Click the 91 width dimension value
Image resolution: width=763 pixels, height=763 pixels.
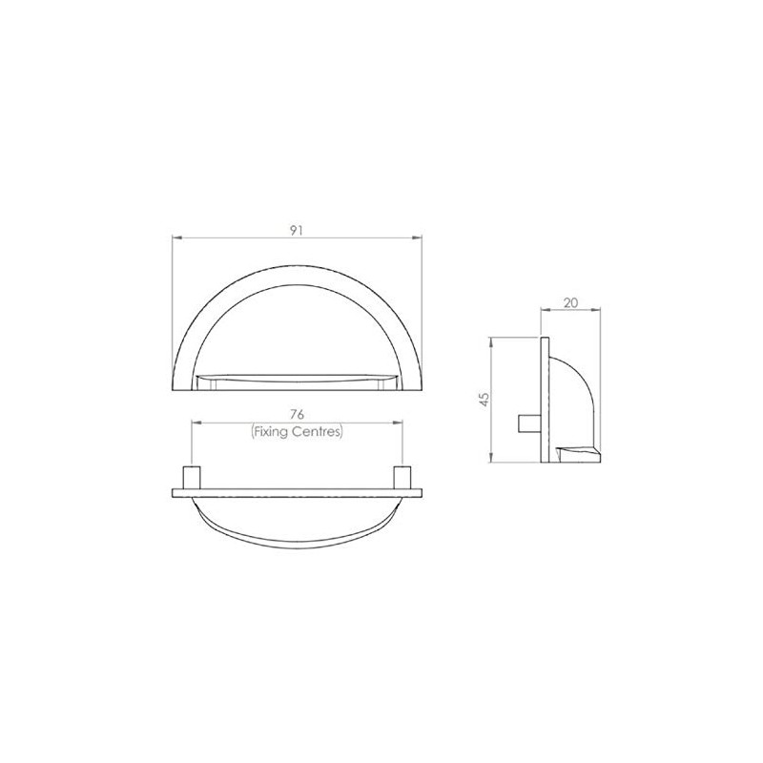(298, 229)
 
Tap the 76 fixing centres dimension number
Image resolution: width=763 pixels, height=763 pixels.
(297, 417)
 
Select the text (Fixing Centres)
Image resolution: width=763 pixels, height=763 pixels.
(297, 431)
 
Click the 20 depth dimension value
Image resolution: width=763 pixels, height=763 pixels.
(570, 302)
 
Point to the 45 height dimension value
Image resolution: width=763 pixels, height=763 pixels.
(484, 400)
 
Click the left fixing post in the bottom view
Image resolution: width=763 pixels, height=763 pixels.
(191, 477)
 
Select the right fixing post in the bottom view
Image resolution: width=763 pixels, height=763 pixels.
(402, 477)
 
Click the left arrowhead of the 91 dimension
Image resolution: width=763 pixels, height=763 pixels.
(175, 237)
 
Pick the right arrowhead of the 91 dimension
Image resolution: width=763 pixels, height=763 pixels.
(419, 237)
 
